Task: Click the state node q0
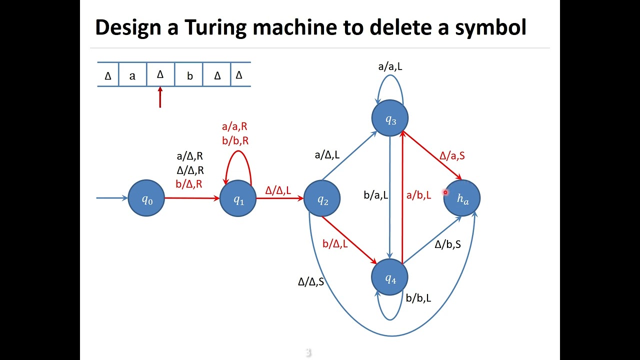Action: [x=146, y=198]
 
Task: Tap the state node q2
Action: [x=322, y=198]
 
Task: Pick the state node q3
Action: [x=390, y=118]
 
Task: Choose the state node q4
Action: [x=390, y=277]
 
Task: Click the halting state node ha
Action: [x=462, y=198]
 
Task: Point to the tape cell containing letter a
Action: [x=132, y=76]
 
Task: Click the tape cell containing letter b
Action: [x=189, y=76]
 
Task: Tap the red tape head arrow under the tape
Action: [x=160, y=97]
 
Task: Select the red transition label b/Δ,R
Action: [x=189, y=184]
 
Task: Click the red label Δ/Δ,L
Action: [x=278, y=190]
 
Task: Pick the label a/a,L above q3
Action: [x=390, y=66]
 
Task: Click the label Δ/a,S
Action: [x=452, y=155]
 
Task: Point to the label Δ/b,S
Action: [x=447, y=244]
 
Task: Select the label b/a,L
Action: [x=376, y=195]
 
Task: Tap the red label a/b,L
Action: [x=418, y=195]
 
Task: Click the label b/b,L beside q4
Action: [x=418, y=298]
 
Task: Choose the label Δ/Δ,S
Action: [x=311, y=281]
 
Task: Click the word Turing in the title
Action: [x=215, y=28]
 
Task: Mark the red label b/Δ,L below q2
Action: [x=335, y=244]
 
